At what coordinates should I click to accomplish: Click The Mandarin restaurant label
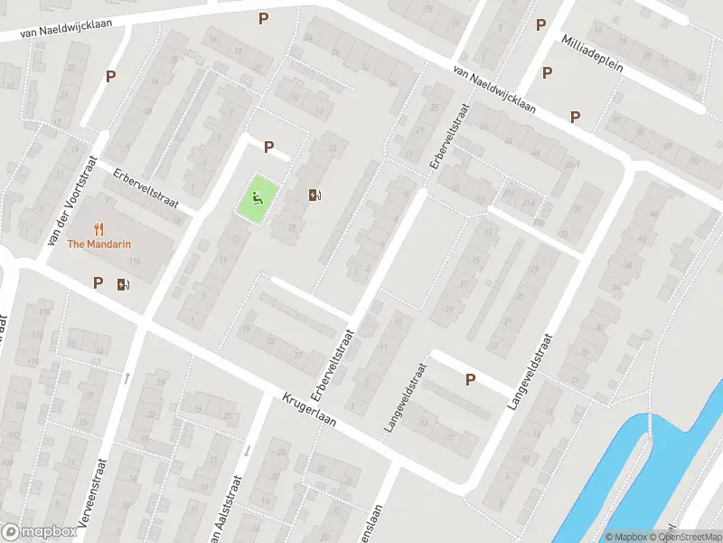point(100,243)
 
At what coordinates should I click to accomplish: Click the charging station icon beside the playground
point(315,195)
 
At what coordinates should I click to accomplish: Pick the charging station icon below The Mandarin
point(123,284)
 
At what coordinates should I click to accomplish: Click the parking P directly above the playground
point(268,147)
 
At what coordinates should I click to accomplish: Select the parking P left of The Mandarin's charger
point(98,283)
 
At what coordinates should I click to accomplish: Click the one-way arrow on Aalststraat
point(246,450)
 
